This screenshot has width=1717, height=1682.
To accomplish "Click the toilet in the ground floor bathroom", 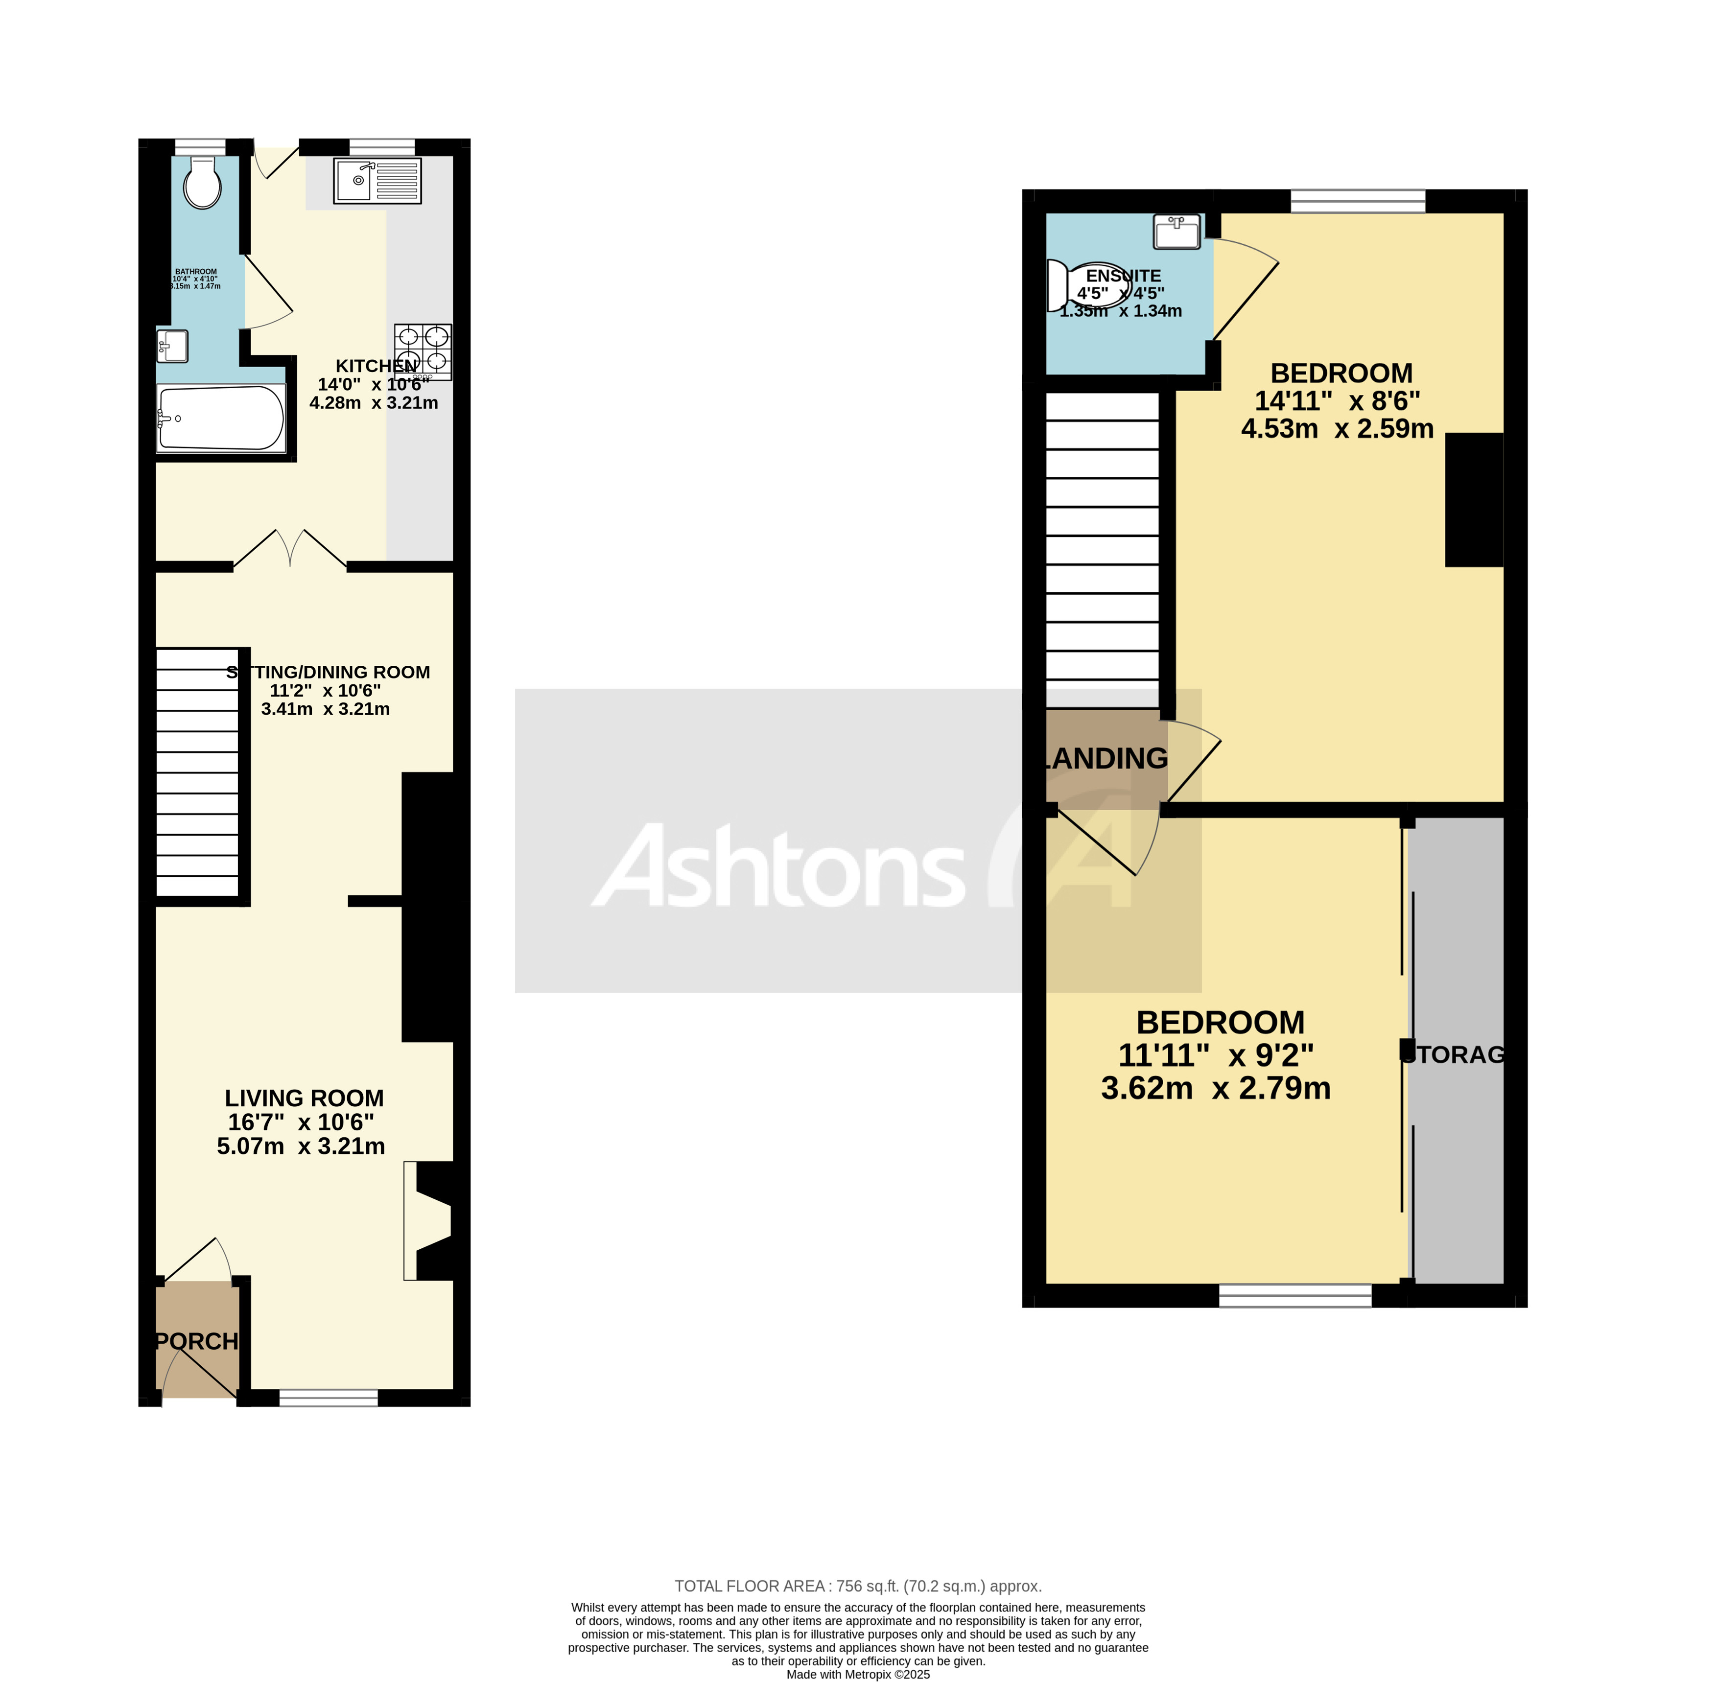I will pyautogui.click(x=202, y=184).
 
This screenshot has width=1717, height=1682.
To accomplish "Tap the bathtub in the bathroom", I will pyautogui.click(x=221, y=418).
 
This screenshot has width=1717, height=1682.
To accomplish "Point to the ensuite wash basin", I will pyautogui.click(x=1177, y=232).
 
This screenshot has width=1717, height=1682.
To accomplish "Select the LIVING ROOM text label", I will pyautogui.click(x=304, y=1098).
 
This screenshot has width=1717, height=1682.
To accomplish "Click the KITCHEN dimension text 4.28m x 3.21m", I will pyautogui.click(x=374, y=403).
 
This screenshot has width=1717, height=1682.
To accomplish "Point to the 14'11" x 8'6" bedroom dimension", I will pyautogui.click(x=1337, y=401).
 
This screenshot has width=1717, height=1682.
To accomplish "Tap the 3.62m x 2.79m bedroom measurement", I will pyautogui.click(x=1216, y=1088).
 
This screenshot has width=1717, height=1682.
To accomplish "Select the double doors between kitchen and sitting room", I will pyautogui.click(x=290, y=548).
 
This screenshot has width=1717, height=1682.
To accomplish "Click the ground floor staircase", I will pyautogui.click(x=197, y=773).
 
